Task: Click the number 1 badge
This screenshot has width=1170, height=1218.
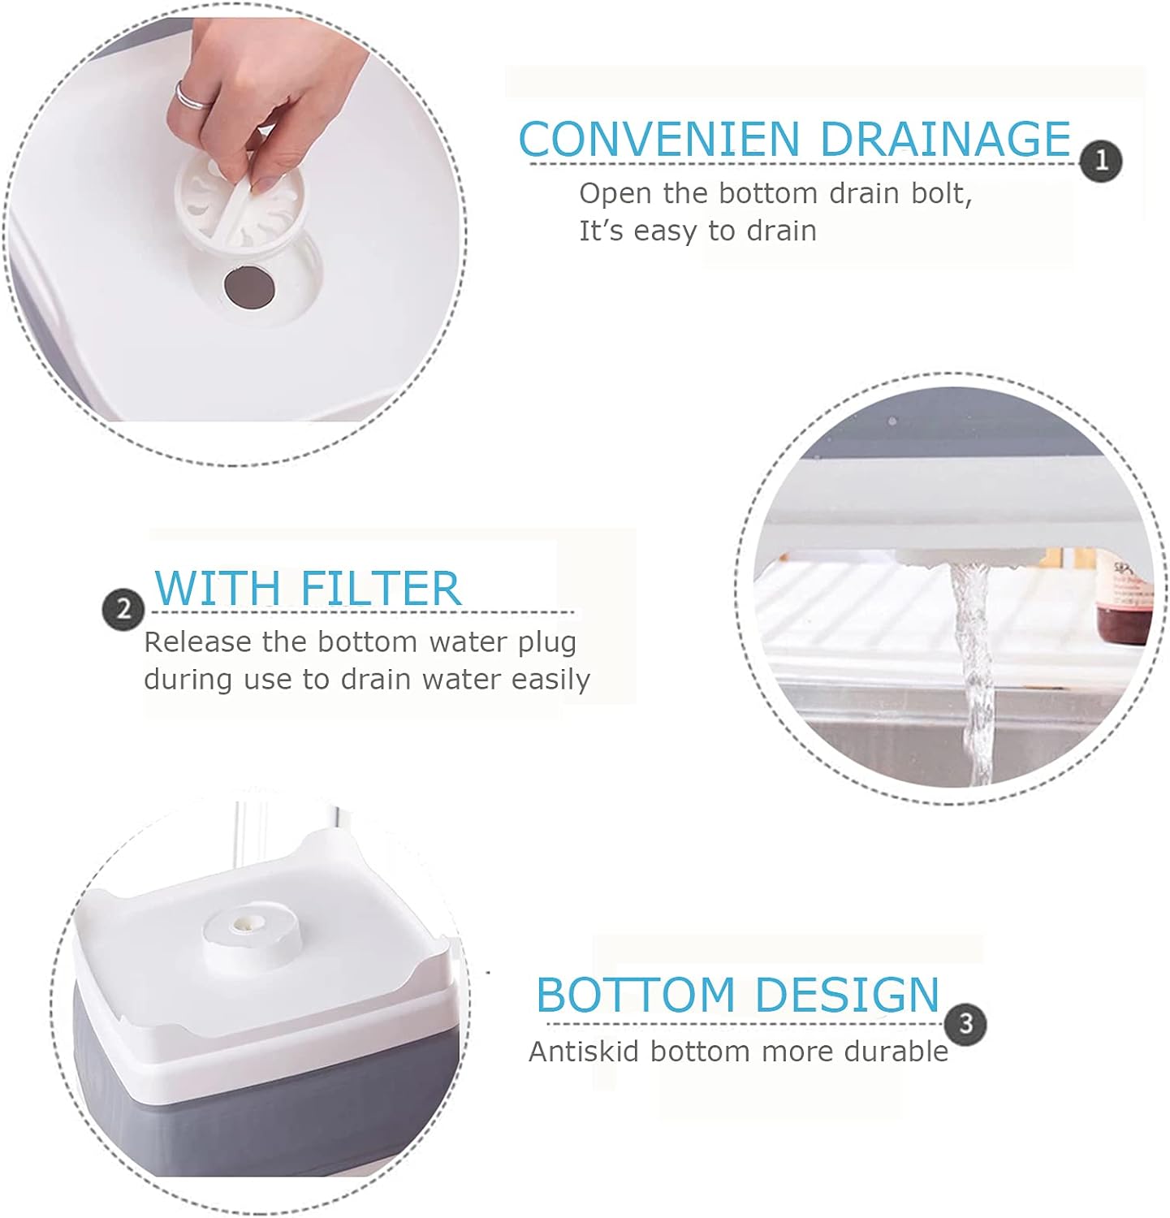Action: (1101, 161)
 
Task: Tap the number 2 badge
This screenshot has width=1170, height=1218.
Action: (123, 609)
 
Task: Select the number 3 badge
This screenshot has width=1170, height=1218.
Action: (965, 1022)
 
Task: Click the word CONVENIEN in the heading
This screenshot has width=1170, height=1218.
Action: (659, 139)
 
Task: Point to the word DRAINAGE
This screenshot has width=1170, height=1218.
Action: (945, 139)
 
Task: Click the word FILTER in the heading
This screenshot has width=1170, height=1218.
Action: (380, 588)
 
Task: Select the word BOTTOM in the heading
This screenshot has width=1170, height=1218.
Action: (635, 994)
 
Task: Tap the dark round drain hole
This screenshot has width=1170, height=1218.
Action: (248, 287)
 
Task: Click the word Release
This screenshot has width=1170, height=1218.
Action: (198, 642)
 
